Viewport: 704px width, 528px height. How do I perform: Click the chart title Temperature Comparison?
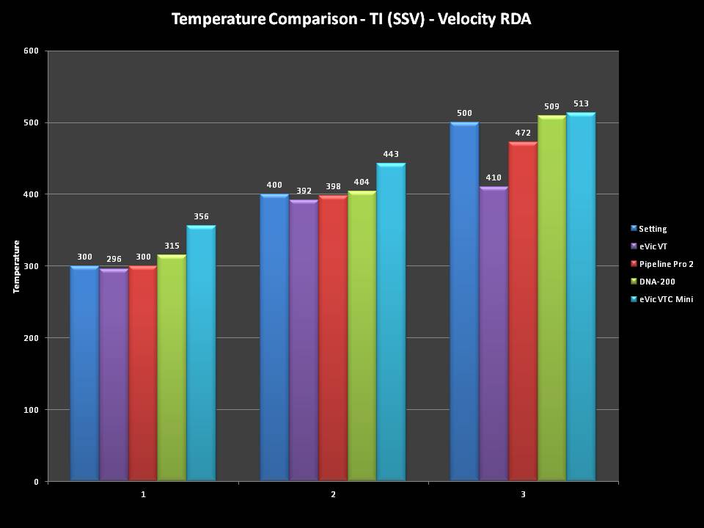(x=351, y=19)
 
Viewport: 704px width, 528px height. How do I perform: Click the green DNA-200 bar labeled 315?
(x=172, y=367)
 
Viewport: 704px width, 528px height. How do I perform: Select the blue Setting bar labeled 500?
(x=464, y=301)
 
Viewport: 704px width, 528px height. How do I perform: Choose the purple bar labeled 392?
(x=304, y=340)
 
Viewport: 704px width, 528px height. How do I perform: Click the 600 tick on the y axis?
(x=32, y=51)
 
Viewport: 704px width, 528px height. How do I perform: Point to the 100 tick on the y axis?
(x=32, y=410)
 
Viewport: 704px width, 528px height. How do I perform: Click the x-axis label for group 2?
(x=333, y=495)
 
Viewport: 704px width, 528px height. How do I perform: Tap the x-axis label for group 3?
(x=523, y=495)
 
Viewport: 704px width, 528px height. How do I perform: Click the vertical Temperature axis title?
(x=16, y=266)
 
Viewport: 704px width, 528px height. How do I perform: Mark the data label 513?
(x=582, y=103)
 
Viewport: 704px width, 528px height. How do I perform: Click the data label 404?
(x=362, y=182)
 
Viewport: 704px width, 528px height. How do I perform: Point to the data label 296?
(x=114, y=259)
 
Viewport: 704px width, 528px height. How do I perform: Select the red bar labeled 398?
(x=333, y=338)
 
